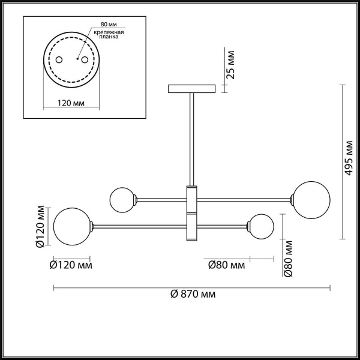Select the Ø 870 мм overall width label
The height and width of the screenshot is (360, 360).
pyautogui.click(x=193, y=295)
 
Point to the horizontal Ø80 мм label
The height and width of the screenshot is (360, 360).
pyautogui.click(x=226, y=265)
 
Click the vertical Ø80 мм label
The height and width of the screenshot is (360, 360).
pyautogui.click(x=289, y=259)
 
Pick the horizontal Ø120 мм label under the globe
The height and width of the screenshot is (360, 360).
pyautogui.click(x=70, y=265)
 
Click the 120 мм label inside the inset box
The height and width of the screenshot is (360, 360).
pyautogui.click(x=71, y=103)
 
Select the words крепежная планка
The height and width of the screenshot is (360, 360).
pyautogui.click(x=109, y=35)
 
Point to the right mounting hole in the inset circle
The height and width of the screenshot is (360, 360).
pyautogui.click(x=85, y=60)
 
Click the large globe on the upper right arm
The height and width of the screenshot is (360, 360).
pyautogui.click(x=310, y=198)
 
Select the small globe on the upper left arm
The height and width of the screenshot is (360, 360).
pyautogui.click(x=122, y=199)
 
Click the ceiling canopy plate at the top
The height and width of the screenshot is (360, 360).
pyautogui.click(x=192, y=89)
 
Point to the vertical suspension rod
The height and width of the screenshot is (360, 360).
pyautogui.click(x=192, y=138)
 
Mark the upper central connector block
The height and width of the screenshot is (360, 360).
pyautogui.click(x=192, y=197)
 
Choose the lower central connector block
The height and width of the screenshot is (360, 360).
pyautogui.click(x=192, y=226)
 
